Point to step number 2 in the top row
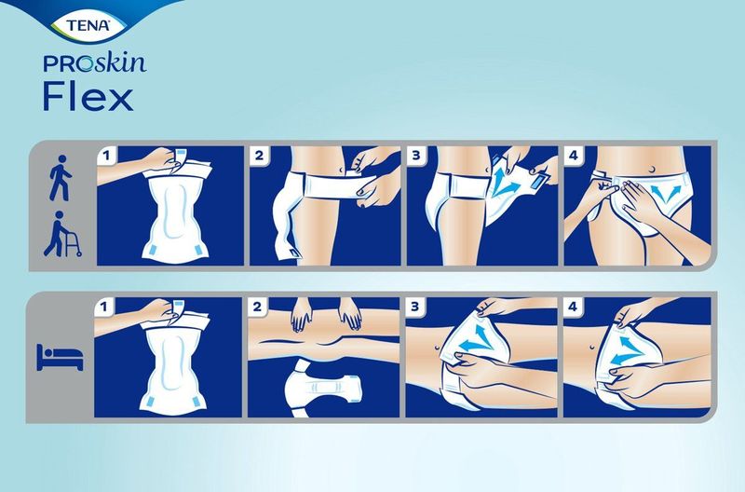click(x=260, y=155)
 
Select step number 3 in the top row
click(x=414, y=155)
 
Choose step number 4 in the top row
click(x=570, y=155)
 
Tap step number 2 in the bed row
click(x=260, y=306)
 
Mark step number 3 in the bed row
click(x=415, y=306)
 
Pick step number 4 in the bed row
click(x=571, y=306)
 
